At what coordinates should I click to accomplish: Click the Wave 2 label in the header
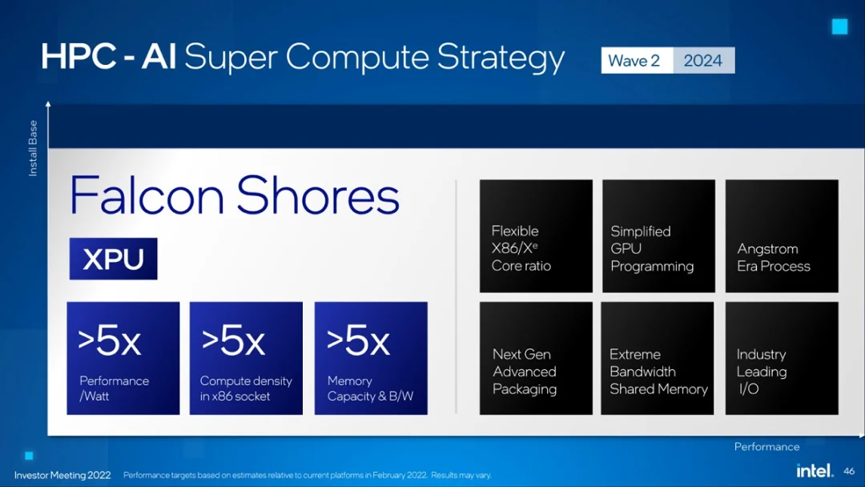[x=635, y=61]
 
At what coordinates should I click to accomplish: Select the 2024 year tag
[x=702, y=61]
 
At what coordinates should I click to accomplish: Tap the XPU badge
[x=113, y=259]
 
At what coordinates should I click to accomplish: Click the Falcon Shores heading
[x=235, y=196]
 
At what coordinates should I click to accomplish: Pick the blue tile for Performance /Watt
[x=123, y=358]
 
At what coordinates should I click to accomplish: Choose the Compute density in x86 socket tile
[x=246, y=358]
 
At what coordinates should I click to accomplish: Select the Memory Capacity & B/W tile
[x=371, y=358]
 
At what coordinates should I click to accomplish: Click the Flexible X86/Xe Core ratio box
[x=536, y=236]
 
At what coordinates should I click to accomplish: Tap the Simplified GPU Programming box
[x=658, y=236]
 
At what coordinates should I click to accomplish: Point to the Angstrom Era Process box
[x=782, y=236]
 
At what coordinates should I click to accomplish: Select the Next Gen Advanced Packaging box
[x=536, y=358]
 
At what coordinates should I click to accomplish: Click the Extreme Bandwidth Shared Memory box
[x=657, y=358]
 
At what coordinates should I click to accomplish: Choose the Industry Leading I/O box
[x=782, y=358]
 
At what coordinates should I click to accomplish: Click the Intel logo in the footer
[x=814, y=470]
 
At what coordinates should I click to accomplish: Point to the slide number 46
[x=849, y=472]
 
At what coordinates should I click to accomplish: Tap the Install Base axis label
[x=33, y=149]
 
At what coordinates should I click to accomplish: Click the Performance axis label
[x=766, y=447]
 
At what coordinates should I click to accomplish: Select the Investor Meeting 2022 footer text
[x=62, y=475]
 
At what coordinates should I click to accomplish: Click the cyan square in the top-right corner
[x=839, y=27]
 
